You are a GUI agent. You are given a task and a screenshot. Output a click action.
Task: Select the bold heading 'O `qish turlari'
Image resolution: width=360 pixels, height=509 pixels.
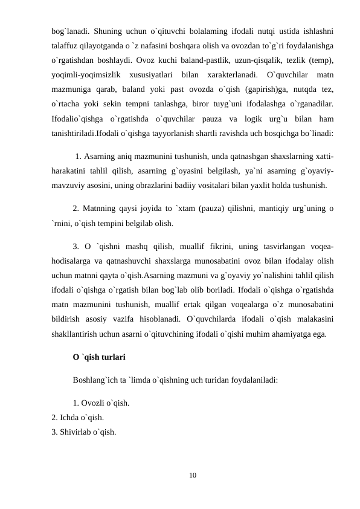click(x=99, y=357)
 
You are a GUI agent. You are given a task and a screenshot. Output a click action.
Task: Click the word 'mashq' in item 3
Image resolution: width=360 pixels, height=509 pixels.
click(x=151, y=247)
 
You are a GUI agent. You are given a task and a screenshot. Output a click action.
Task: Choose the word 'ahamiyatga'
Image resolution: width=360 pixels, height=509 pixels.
click(x=301, y=334)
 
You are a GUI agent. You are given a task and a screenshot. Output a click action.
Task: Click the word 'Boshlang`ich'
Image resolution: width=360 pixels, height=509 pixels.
click(x=98, y=381)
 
